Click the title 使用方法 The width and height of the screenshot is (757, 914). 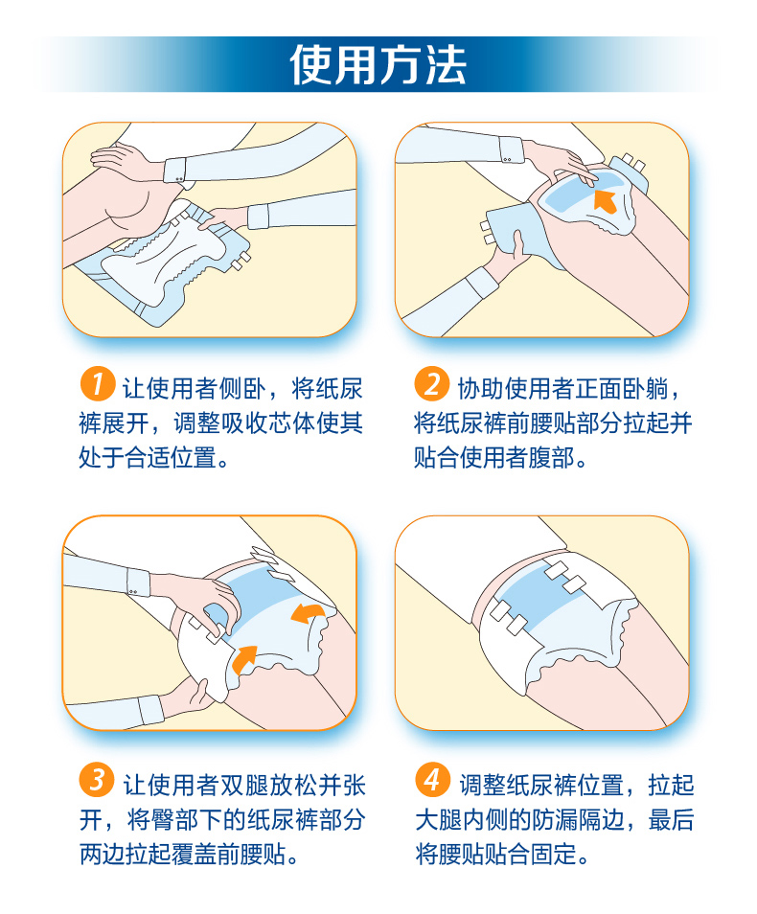tap(378, 64)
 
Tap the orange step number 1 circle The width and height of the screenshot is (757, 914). tap(97, 384)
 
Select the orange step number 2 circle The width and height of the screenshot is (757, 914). tap(431, 384)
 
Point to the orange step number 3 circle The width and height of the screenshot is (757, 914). tap(97, 779)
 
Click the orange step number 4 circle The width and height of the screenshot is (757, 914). tap(432, 779)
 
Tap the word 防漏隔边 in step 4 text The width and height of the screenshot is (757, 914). tap(578, 820)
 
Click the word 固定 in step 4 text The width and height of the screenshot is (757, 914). tap(555, 855)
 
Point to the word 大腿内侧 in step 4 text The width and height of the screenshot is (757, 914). tap(461, 820)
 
